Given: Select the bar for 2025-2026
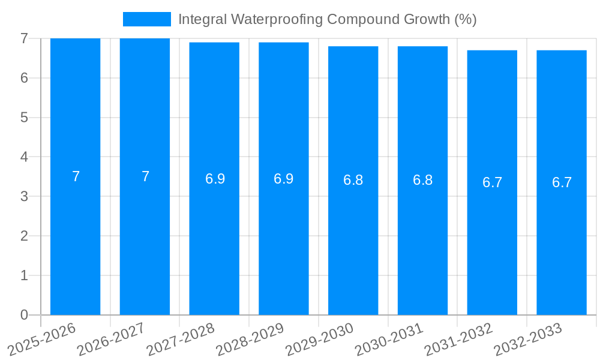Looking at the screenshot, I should click(x=75, y=240).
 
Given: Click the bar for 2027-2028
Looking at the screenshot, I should click(x=214, y=240).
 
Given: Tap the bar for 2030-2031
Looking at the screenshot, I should click(x=422, y=240).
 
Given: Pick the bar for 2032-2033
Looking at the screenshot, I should click(x=562, y=240).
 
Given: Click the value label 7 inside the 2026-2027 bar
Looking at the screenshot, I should click(x=145, y=176).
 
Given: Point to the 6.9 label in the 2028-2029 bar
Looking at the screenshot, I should click(x=284, y=179).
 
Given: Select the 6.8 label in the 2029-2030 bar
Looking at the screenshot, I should click(x=353, y=181).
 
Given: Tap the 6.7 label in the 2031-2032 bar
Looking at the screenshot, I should click(x=492, y=182).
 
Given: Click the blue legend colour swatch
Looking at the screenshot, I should click(x=147, y=19).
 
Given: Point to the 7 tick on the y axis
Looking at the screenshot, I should click(x=24, y=38).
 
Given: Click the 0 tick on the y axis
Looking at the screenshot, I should click(x=24, y=315).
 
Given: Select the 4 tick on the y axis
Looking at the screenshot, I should click(x=24, y=157).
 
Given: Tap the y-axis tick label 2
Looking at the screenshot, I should click(x=24, y=236).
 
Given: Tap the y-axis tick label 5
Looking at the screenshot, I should click(x=24, y=118).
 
